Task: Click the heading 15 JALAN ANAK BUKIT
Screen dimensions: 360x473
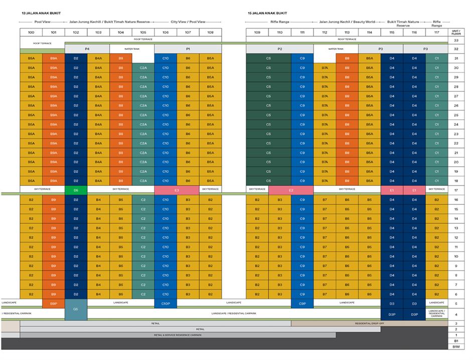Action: pyautogui.click(x=267, y=13)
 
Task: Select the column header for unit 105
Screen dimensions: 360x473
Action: pyautogui.click(x=143, y=32)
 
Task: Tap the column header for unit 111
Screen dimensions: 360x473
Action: pyautogui.click(x=302, y=32)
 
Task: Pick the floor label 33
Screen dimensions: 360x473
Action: pyautogui.click(x=456, y=40)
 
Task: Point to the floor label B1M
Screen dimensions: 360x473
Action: pyautogui.click(x=456, y=346)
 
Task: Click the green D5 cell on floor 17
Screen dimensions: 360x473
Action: pyautogui.click(x=76, y=190)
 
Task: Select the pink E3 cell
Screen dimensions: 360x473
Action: pyautogui.click(x=177, y=190)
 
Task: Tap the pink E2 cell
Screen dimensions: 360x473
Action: pyautogui.click(x=291, y=190)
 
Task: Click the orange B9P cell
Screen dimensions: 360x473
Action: pyautogui.click(x=54, y=304)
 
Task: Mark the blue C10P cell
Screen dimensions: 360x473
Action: pyautogui.click(x=166, y=304)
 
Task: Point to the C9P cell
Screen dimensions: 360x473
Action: pyautogui.click(x=302, y=304)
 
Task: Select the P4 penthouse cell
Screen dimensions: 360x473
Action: pyautogui.click(x=87, y=49)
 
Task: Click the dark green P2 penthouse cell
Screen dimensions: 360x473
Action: pyautogui.click(x=279, y=49)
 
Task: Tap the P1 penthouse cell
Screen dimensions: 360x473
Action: pyautogui.click(x=188, y=49)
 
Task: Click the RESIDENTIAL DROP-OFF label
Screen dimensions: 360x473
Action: pyautogui.click(x=369, y=323)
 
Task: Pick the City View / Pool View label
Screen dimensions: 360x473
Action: pyautogui.click(x=188, y=22)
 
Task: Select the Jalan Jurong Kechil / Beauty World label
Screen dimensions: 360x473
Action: pyautogui.click(x=347, y=22)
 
